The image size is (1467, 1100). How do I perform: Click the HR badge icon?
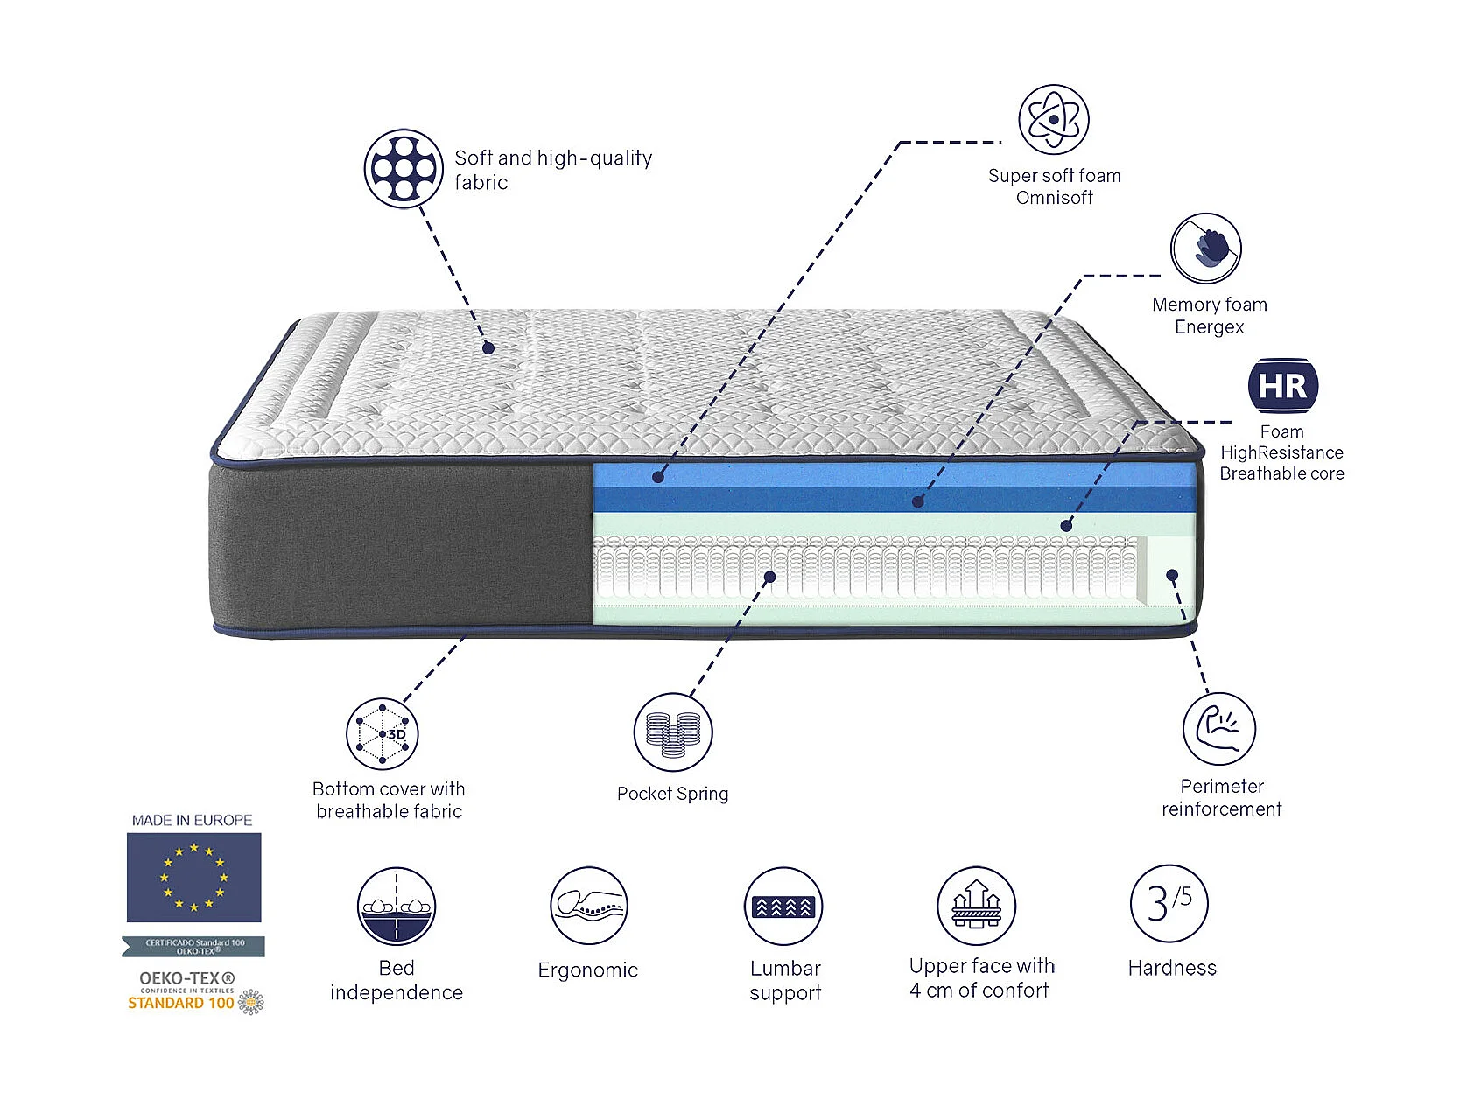coord(1282,385)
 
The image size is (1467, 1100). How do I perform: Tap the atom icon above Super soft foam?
coord(1053,120)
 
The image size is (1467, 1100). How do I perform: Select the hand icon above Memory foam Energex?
coord(1205,249)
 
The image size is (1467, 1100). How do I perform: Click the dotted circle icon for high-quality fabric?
coord(403,168)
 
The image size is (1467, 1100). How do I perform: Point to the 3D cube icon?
coord(382,734)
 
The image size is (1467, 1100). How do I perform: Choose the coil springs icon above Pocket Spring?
coord(672,732)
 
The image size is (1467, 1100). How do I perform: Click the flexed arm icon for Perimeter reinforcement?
coord(1218,729)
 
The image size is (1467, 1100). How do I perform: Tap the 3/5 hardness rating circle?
coord(1169,904)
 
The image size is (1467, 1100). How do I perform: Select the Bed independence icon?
coord(397,907)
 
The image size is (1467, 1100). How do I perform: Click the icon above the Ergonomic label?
coord(589,906)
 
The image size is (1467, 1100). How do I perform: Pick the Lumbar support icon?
coord(783,907)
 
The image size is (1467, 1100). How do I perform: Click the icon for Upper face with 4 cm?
coord(976,906)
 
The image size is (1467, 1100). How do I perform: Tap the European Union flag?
coord(193,877)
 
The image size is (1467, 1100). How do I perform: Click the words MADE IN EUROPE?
coord(192,820)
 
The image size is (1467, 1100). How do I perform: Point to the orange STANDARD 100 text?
coord(180,1003)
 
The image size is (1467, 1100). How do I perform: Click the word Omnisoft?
coord(1054,198)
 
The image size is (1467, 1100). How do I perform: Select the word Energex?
coord(1209,327)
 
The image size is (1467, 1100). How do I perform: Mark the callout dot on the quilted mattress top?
coord(488,348)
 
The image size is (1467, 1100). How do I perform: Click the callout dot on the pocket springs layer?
coord(769,577)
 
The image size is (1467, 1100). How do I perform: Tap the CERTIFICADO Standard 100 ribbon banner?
coord(193,946)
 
